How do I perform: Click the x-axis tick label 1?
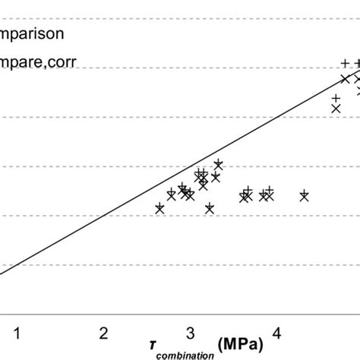[x=17, y=332]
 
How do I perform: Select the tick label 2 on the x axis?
[x=103, y=332]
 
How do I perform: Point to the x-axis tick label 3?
[x=191, y=332]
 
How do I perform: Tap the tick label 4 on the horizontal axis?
[x=277, y=332]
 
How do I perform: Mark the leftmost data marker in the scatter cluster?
[x=159, y=208]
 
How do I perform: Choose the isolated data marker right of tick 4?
[x=304, y=195]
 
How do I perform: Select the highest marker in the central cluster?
[x=218, y=164]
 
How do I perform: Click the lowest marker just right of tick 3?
[x=210, y=208]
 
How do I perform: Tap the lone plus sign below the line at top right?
[x=335, y=98]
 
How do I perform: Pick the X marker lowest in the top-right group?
[x=336, y=109]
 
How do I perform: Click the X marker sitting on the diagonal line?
[x=346, y=78]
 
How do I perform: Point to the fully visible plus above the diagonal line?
[x=345, y=63]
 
